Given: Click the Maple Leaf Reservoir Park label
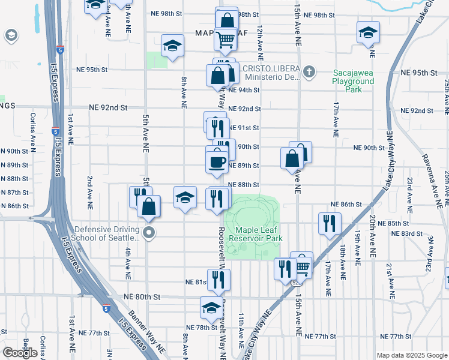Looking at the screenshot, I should (259, 234).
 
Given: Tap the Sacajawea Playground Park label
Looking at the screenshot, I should (354, 81).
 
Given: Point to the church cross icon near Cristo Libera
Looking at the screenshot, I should (309, 73).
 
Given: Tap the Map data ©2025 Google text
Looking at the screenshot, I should (411, 355).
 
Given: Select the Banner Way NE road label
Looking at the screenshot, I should (147, 332).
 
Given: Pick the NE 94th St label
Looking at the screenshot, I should (247, 90).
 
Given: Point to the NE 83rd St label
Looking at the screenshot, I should (402, 233).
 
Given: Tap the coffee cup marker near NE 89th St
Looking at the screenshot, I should (216, 161).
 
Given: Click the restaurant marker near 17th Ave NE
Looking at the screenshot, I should (329, 223).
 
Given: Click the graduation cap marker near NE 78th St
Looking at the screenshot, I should (211, 307).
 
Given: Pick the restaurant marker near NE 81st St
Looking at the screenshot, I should (219, 279).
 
